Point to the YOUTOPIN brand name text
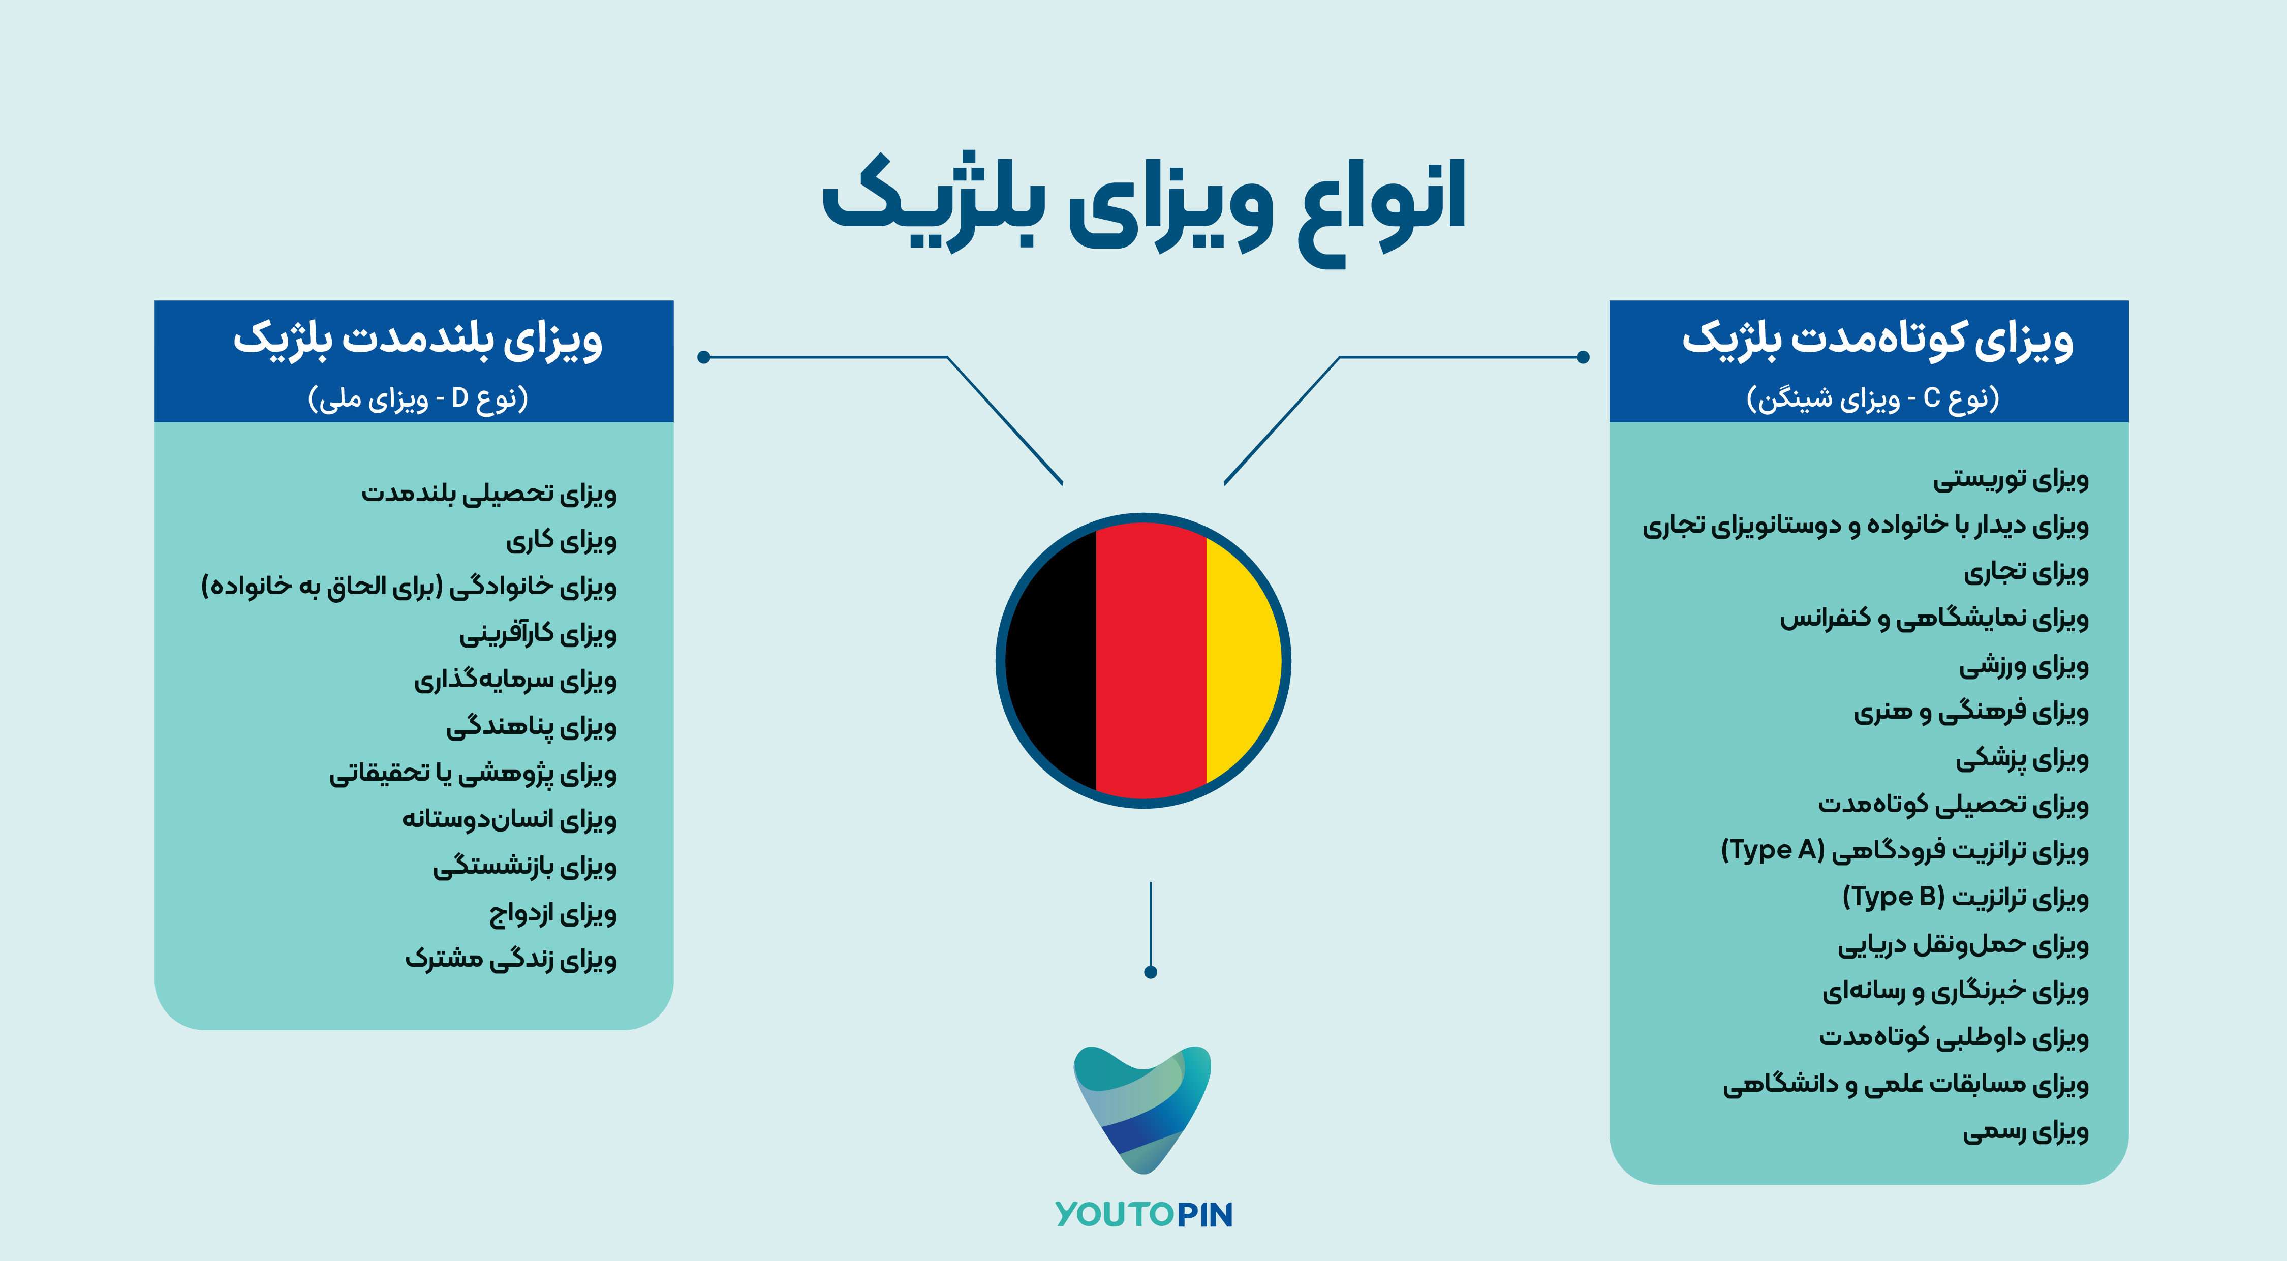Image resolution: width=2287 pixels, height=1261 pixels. click(x=1143, y=1214)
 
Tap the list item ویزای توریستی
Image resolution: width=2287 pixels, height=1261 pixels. click(x=2011, y=479)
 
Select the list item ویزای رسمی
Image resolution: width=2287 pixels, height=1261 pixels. click(x=2026, y=1130)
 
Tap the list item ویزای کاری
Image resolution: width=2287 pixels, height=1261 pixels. click(x=561, y=540)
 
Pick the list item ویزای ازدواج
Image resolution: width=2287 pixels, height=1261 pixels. click(x=552, y=913)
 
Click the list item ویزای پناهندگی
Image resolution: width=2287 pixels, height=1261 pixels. click(x=531, y=726)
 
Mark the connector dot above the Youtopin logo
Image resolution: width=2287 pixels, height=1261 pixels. click(x=1151, y=972)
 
